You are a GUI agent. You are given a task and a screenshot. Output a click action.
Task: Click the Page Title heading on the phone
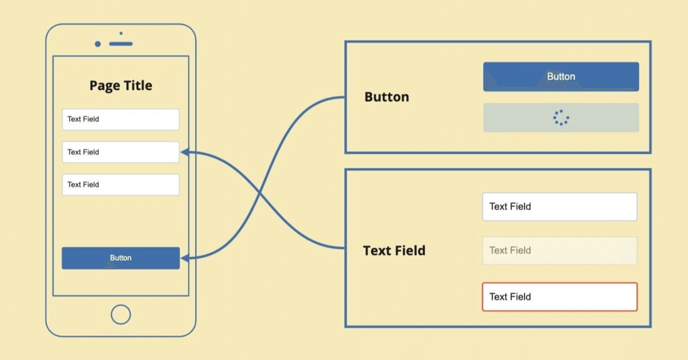pos(120,86)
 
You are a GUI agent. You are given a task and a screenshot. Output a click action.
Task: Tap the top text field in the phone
pos(120,119)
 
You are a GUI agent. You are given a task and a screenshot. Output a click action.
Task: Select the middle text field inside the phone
pos(120,152)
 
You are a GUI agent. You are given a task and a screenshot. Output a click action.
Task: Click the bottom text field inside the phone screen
pos(120,184)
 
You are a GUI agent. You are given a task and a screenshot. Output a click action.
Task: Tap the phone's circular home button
pos(120,314)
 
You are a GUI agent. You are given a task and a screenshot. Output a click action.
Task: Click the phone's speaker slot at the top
pos(120,44)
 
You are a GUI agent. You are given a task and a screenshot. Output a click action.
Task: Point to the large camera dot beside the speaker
pos(97,44)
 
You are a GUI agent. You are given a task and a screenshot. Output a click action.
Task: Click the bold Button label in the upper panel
pos(386,97)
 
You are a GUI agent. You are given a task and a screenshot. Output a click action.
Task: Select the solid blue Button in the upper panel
pos(561,77)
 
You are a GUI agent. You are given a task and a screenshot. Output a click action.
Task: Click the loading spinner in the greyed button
pos(561,118)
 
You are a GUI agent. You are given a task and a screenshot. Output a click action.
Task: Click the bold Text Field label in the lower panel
pos(394,251)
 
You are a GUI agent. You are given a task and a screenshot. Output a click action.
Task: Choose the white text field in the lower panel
pos(560,207)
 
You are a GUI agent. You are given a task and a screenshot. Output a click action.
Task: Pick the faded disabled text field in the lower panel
pos(560,250)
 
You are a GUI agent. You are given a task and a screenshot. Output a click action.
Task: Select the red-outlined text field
pos(560,297)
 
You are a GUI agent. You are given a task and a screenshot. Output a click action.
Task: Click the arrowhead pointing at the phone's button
pos(184,258)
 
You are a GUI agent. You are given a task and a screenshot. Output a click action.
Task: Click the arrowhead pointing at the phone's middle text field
pos(184,152)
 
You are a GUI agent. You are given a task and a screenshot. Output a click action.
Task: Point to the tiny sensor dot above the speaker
pos(121,33)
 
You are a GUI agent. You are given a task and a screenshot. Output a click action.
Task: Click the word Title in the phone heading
pos(137,86)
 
